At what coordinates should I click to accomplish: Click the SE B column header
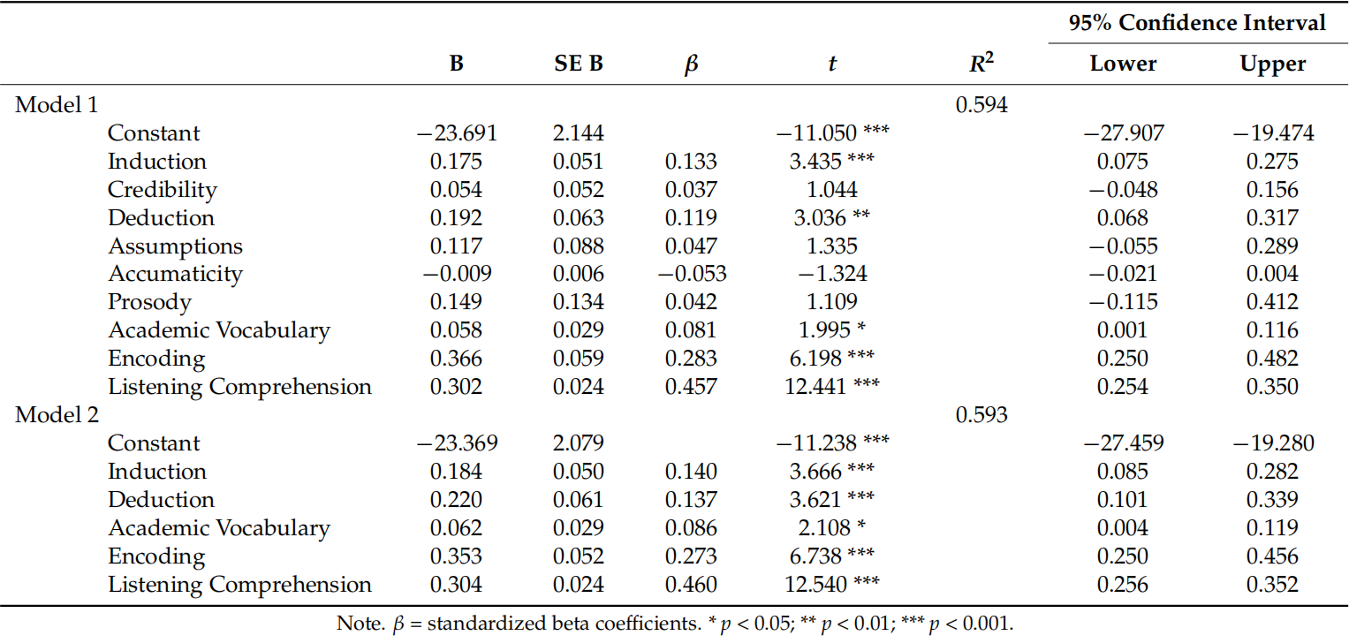[579, 64]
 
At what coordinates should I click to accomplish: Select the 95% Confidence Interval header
[1197, 23]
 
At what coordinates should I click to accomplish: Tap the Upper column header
[1272, 64]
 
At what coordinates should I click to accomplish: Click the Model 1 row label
[57, 105]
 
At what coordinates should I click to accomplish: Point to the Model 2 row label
[57, 415]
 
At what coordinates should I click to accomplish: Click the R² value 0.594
[981, 105]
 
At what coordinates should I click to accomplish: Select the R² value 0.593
[981, 415]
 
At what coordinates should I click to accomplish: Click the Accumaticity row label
[175, 274]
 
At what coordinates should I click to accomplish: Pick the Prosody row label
[149, 302]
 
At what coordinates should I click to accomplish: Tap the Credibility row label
[163, 190]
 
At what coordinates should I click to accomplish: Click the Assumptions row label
[175, 246]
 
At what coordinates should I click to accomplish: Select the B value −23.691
[457, 133]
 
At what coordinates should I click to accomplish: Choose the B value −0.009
[457, 274]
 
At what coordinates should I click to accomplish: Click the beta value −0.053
[692, 274]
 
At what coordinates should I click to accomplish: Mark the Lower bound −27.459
[1124, 443]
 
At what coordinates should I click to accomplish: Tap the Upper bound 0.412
[1273, 302]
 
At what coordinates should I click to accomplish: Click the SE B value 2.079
[579, 443]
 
